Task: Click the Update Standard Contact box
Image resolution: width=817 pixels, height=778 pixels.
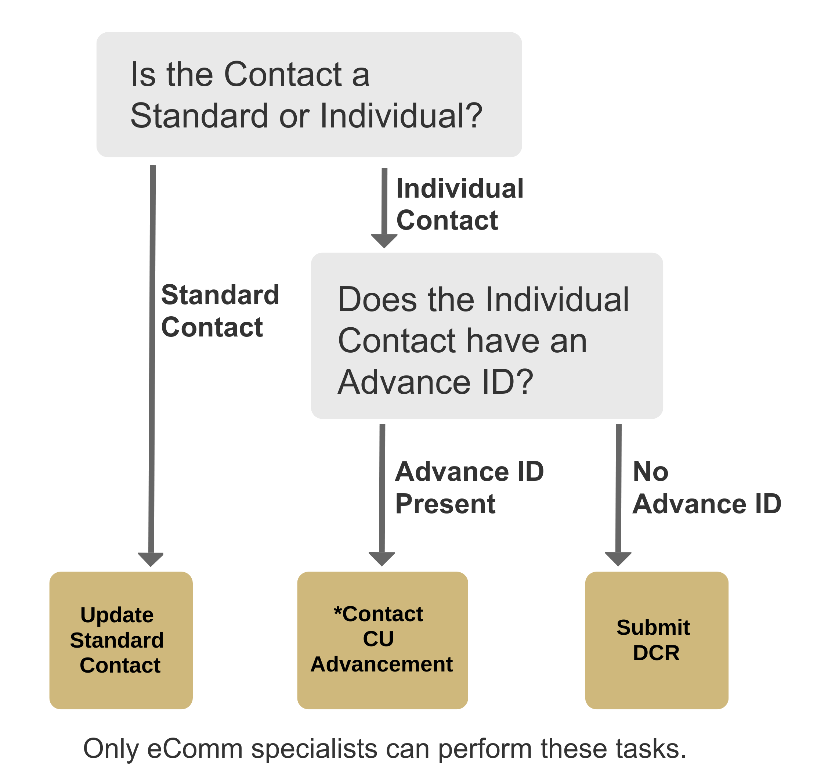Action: tap(121, 640)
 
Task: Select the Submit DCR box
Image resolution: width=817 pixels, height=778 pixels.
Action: tap(656, 640)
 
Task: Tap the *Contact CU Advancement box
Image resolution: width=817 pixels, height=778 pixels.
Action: tap(382, 640)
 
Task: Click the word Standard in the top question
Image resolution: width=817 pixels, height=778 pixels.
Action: tap(199, 116)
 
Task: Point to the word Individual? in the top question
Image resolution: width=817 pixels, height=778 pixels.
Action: tap(401, 116)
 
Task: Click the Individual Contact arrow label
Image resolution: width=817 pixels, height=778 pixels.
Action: tap(459, 204)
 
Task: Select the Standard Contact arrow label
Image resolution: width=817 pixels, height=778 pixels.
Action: tap(220, 311)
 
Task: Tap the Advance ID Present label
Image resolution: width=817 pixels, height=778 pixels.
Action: tap(469, 488)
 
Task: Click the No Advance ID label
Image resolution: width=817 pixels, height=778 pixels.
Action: tap(706, 488)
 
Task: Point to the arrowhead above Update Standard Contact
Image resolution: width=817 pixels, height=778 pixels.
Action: tap(151, 559)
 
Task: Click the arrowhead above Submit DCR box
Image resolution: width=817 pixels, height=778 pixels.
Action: tap(618, 559)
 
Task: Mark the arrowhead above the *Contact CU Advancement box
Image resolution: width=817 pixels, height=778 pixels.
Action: tap(382, 559)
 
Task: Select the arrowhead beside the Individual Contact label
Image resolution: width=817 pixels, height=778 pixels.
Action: tap(384, 241)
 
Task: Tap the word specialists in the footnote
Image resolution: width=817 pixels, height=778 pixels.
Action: tap(314, 749)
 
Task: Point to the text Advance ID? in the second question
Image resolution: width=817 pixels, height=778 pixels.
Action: tap(435, 382)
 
